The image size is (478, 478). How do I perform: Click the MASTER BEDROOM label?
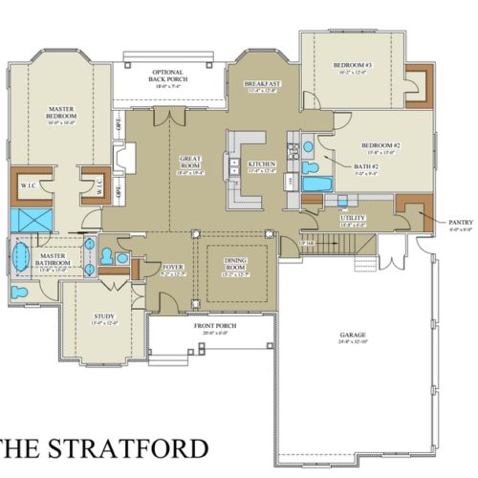pyautogui.click(x=62, y=113)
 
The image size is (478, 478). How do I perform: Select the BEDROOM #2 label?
pyautogui.click(x=379, y=145)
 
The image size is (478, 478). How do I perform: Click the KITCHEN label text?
pyautogui.click(x=262, y=164)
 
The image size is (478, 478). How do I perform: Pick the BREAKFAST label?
pyautogui.click(x=262, y=84)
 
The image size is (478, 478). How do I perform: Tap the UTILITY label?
pyautogui.click(x=352, y=218)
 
